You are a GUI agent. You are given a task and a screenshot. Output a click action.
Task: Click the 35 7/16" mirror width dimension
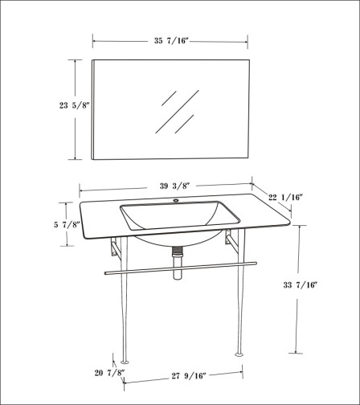171,41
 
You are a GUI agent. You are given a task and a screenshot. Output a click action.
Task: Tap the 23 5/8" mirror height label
74,105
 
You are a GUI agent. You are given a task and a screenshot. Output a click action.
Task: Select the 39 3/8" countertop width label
175,186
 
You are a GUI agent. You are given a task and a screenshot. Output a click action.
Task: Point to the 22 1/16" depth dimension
285,198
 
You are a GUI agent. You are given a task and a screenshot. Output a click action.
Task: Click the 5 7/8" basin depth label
67,224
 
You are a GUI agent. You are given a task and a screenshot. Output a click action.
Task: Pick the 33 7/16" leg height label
301,284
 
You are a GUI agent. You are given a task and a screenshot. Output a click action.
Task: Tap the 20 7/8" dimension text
110,373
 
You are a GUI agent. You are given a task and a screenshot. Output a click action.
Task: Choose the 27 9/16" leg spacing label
189,376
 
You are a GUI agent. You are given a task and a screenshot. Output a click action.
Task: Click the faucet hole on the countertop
176,200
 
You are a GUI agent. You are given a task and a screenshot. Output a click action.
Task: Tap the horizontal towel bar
181,268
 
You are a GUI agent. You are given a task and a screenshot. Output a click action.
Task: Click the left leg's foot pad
125,362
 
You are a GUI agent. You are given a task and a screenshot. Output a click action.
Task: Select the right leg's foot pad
239,355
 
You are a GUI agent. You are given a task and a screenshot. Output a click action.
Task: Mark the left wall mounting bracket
116,247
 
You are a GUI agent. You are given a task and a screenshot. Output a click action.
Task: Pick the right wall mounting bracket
231,239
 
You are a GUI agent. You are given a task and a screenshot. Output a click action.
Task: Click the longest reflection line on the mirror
177,112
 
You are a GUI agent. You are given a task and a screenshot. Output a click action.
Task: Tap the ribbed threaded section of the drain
177,251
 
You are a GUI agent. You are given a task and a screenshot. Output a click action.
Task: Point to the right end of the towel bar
256,264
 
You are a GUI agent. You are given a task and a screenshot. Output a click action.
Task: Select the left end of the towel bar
106,273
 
